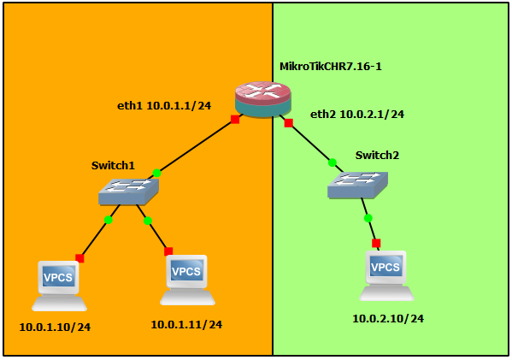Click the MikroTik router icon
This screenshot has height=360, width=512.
point(263,100)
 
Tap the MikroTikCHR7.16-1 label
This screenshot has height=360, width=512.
point(332,66)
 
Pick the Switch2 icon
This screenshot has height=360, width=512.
point(357,185)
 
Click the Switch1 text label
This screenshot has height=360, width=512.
point(114,164)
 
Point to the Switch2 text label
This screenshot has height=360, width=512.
point(378,155)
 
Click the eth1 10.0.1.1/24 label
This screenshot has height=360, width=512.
point(165,107)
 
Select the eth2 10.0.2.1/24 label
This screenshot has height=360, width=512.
point(356,114)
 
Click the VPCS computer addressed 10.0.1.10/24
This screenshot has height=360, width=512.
point(59,286)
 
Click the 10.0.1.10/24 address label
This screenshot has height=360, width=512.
point(55,326)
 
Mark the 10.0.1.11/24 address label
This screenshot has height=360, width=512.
point(186,324)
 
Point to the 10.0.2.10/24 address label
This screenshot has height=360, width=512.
point(388,319)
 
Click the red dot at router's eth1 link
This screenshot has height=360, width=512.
point(235,120)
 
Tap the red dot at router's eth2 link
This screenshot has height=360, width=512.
point(289,123)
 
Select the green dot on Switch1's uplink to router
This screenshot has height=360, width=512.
point(156,173)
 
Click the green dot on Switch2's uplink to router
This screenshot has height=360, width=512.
point(332,162)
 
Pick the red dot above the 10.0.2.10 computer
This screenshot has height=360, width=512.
point(376,243)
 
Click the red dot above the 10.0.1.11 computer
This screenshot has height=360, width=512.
point(168,251)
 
